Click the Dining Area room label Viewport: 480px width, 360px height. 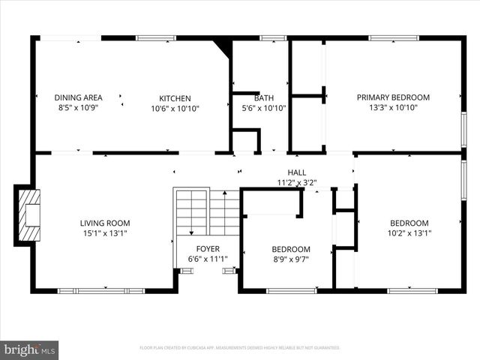(78, 97)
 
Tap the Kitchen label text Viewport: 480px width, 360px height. (175, 98)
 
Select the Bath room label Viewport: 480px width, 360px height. (263, 98)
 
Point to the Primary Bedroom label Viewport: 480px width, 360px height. (393, 97)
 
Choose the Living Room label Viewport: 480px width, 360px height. (105, 223)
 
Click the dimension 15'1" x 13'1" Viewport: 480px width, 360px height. (105, 232)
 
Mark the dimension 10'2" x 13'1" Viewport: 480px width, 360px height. (409, 232)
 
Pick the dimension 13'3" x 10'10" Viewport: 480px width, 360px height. (393, 107)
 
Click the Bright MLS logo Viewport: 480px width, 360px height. (30, 349)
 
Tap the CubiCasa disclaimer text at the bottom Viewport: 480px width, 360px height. (240, 348)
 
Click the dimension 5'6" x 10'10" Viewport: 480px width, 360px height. (263, 108)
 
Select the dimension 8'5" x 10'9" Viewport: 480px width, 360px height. (78, 107)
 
